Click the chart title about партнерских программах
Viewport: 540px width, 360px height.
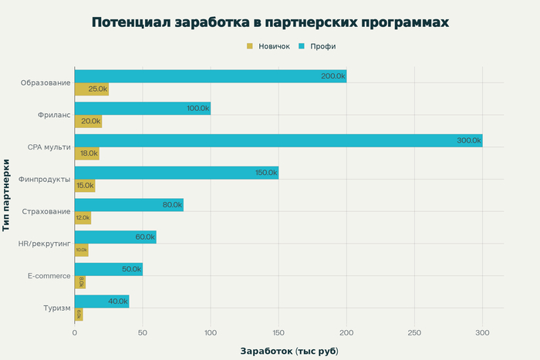(270, 22)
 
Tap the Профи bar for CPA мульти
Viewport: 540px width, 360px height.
(278, 140)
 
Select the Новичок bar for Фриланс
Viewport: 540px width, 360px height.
(88, 121)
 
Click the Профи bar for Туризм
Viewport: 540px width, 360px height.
(101, 301)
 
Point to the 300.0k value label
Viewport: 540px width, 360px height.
(468, 140)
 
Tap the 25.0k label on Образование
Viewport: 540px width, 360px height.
(97, 89)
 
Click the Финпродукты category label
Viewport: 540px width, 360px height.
(45, 179)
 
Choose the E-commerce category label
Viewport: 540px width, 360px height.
(49, 276)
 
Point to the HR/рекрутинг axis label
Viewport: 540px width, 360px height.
(44, 244)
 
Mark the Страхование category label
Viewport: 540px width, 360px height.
(46, 211)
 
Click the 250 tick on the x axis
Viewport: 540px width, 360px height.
(414, 333)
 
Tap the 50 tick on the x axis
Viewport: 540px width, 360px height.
(142, 333)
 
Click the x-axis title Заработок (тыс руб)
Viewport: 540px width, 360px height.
(289, 351)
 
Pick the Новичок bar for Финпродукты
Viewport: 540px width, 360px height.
(84, 186)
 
